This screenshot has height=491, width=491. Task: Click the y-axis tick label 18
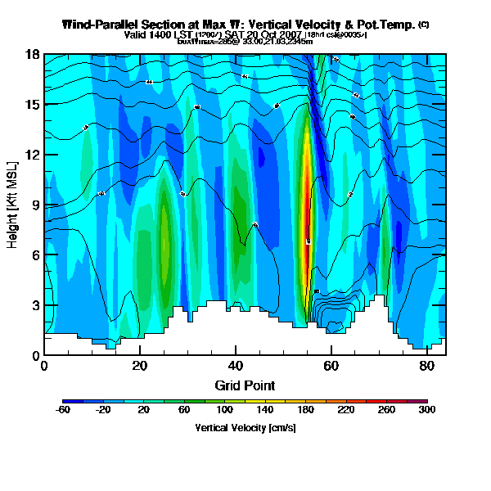pyautogui.click(x=33, y=55)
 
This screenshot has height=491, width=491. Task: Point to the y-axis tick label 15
pyautogui.click(x=33, y=105)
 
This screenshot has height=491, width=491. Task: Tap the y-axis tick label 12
pyautogui.click(x=33, y=155)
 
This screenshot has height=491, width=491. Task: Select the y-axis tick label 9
pyautogui.click(x=35, y=205)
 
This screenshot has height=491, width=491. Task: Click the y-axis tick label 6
pyautogui.click(x=35, y=255)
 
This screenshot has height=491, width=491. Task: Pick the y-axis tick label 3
pyautogui.click(x=35, y=305)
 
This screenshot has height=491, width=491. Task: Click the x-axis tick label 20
pyautogui.click(x=140, y=366)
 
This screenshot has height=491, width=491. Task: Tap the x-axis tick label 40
pyautogui.click(x=236, y=366)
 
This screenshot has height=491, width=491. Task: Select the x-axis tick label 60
pyautogui.click(x=331, y=366)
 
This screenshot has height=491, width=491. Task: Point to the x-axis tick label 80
pyautogui.click(x=426, y=366)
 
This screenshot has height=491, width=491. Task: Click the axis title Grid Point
pyautogui.click(x=245, y=385)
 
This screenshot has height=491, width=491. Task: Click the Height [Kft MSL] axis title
pyautogui.click(x=13, y=205)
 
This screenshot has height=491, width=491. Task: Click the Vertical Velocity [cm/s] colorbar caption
pyautogui.click(x=245, y=428)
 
